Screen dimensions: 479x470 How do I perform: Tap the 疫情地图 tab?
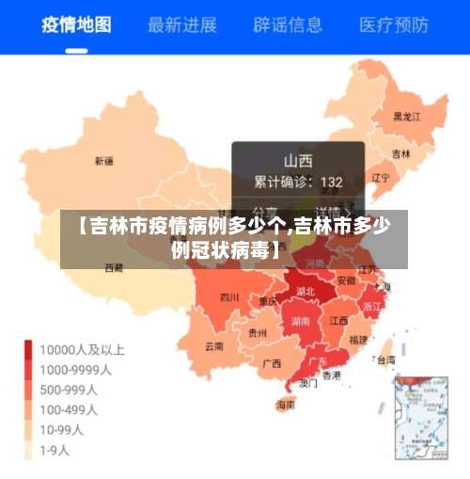click(x=75, y=24)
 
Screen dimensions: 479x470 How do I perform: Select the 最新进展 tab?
click(x=182, y=24)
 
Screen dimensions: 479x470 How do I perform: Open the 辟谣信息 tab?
click(x=289, y=24)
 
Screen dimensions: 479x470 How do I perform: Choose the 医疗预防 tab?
click(x=396, y=24)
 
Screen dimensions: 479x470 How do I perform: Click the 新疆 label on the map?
click(x=103, y=161)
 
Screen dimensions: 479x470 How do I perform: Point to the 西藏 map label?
click(x=113, y=267)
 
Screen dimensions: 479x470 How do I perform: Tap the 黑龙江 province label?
click(x=406, y=117)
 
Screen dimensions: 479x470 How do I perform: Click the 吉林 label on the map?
click(x=400, y=153)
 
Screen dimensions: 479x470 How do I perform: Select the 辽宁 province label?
click(x=380, y=176)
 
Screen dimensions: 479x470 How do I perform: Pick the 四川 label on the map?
click(x=228, y=297)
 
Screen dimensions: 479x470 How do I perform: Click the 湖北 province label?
click(x=305, y=292)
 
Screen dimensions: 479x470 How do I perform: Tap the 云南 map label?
click(x=214, y=345)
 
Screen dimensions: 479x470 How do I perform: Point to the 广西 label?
click(x=272, y=362)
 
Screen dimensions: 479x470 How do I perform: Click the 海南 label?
click(x=285, y=405)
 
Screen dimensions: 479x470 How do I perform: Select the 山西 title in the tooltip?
click(x=298, y=160)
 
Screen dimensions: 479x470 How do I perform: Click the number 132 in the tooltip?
click(x=331, y=182)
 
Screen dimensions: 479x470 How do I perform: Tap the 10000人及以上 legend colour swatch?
click(x=29, y=349)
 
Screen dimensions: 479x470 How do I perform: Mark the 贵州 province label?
click(x=257, y=332)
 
